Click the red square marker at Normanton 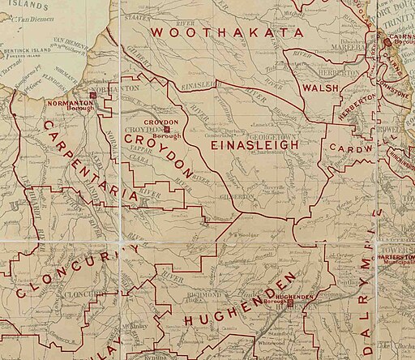click(94, 96)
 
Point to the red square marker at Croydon click(166, 128)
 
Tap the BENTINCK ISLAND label click(24, 50)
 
